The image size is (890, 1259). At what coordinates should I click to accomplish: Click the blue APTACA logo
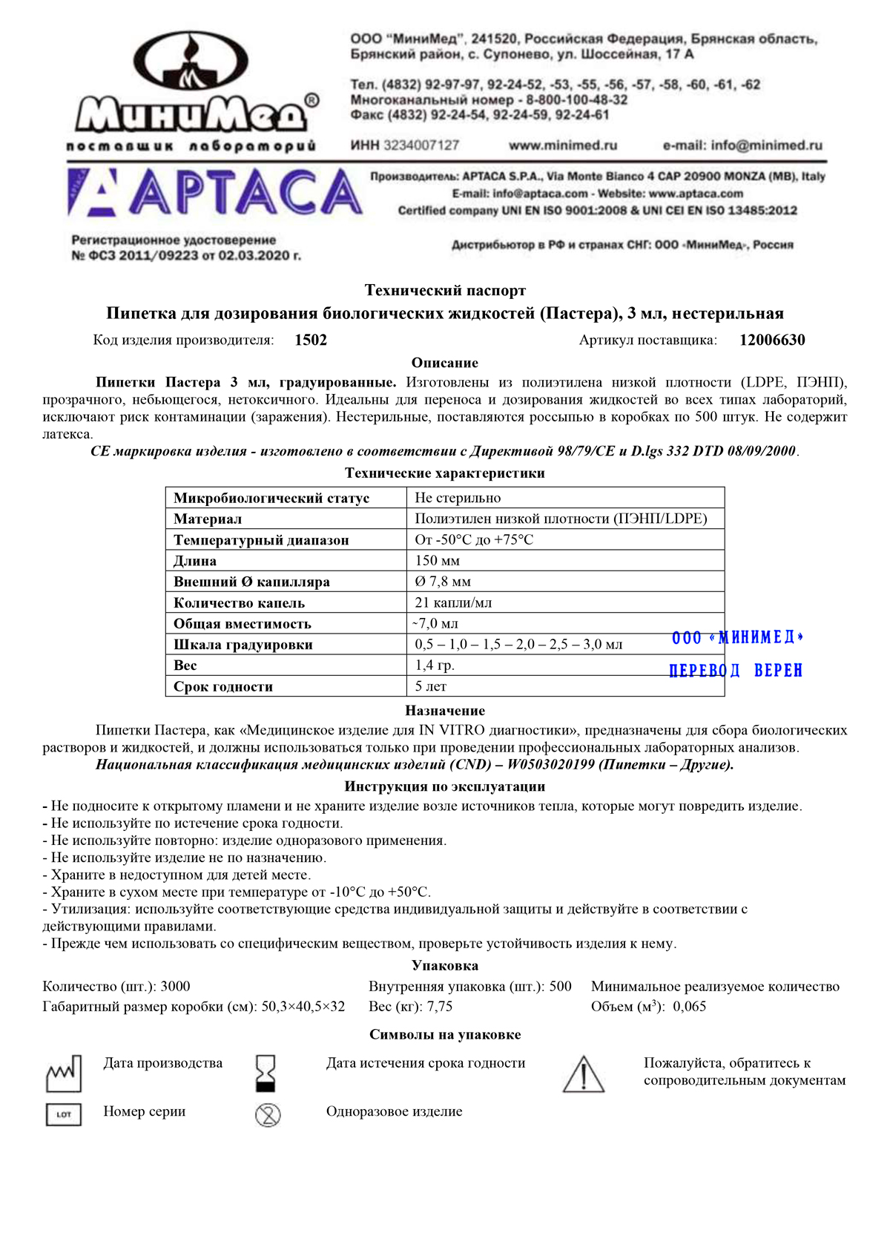[x=215, y=193]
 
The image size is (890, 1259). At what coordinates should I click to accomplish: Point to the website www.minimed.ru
[x=563, y=145]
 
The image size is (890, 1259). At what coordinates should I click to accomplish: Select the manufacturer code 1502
[x=311, y=341]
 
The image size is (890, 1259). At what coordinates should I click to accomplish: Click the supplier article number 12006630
[x=772, y=341]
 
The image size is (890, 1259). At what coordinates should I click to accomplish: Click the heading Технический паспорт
[x=445, y=290]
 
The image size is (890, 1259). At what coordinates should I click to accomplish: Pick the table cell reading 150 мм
[x=438, y=561]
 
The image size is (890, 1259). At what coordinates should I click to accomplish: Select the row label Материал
[x=208, y=519]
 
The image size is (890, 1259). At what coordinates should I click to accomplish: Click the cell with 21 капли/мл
[x=453, y=603]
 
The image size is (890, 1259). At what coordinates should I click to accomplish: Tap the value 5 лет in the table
[x=431, y=687]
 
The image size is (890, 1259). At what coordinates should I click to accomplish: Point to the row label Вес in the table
[x=185, y=665]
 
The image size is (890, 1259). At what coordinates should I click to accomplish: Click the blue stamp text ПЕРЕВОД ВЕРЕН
[x=736, y=671]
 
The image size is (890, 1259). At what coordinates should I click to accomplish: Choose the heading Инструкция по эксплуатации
[x=445, y=786]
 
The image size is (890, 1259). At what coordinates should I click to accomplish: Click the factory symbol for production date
[x=64, y=1074]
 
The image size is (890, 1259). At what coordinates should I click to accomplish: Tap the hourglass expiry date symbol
[x=266, y=1074]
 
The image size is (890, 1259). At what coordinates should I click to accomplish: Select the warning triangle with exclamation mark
[x=584, y=1075]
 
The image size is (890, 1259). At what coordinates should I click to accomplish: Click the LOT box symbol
[x=64, y=1114]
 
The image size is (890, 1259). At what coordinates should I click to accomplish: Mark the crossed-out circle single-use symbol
[x=268, y=1114]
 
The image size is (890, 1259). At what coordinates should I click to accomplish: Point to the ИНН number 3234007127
[x=421, y=145]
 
